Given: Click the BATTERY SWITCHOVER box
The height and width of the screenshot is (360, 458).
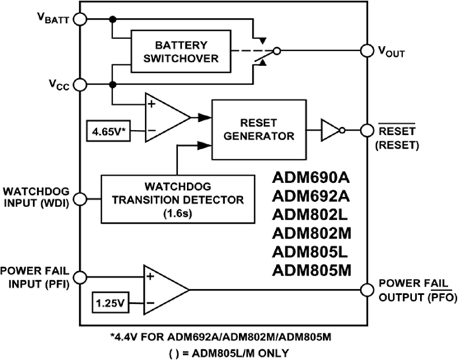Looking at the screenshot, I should pyautogui.click(x=181, y=51).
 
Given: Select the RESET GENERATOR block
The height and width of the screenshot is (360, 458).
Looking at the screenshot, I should pyautogui.click(x=259, y=129).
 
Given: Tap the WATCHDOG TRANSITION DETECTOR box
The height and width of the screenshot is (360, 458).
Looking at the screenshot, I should pyautogui.click(x=178, y=199).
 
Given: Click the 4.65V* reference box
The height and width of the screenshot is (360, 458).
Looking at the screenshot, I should pyautogui.click(x=109, y=131).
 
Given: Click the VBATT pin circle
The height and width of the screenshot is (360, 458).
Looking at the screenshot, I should pyautogui.click(x=80, y=19).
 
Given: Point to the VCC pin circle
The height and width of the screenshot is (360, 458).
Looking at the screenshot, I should pyautogui.click(x=80, y=85).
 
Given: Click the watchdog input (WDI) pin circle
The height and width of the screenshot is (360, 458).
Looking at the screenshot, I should pyautogui.click(x=80, y=198).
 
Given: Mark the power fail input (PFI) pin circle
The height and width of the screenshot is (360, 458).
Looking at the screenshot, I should pyautogui.click(x=80, y=278).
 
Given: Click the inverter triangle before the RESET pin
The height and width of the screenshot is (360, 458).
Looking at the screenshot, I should pyautogui.click(x=330, y=130).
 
